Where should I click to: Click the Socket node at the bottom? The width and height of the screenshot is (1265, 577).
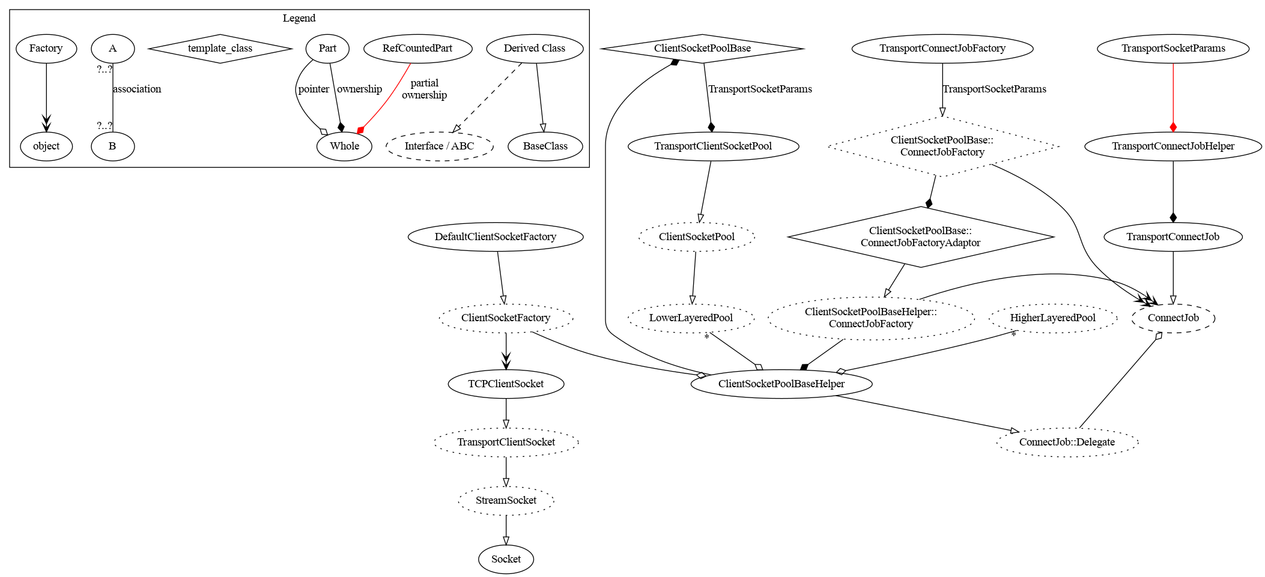[x=506, y=559]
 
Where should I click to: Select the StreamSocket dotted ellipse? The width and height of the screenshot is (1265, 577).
[x=506, y=500]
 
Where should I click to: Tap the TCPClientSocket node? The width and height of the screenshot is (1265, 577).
[x=506, y=384]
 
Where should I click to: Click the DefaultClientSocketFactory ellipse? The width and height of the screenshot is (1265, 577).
[x=496, y=237]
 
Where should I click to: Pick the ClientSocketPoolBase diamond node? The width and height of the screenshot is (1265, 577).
[x=702, y=48]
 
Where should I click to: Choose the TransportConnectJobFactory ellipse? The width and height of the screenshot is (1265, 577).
[x=942, y=48]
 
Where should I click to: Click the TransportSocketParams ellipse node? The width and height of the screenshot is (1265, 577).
[x=1172, y=48]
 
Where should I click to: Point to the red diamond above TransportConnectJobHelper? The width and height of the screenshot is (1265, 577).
[x=1172, y=127]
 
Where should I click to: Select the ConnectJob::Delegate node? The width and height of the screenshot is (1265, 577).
[x=1067, y=442]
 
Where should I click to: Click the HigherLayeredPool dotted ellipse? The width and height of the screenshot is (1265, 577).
[x=1052, y=318]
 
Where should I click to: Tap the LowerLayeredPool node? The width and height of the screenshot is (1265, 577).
[x=691, y=318]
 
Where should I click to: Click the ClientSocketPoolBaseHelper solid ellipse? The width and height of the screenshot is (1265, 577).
[x=781, y=384]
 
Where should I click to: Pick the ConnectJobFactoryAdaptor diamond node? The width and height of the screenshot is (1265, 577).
[x=920, y=237]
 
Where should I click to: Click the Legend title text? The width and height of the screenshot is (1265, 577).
[x=299, y=18]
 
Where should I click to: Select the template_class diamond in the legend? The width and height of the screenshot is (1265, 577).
[x=220, y=48]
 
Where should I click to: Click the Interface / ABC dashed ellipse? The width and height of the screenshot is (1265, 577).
[x=439, y=146]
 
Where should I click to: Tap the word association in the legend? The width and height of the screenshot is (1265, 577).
[x=137, y=89]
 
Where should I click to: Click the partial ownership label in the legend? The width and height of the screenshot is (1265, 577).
[x=424, y=89]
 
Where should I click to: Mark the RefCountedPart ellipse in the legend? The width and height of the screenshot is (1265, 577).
[x=417, y=48]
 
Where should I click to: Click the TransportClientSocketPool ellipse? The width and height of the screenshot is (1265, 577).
[x=713, y=146]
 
